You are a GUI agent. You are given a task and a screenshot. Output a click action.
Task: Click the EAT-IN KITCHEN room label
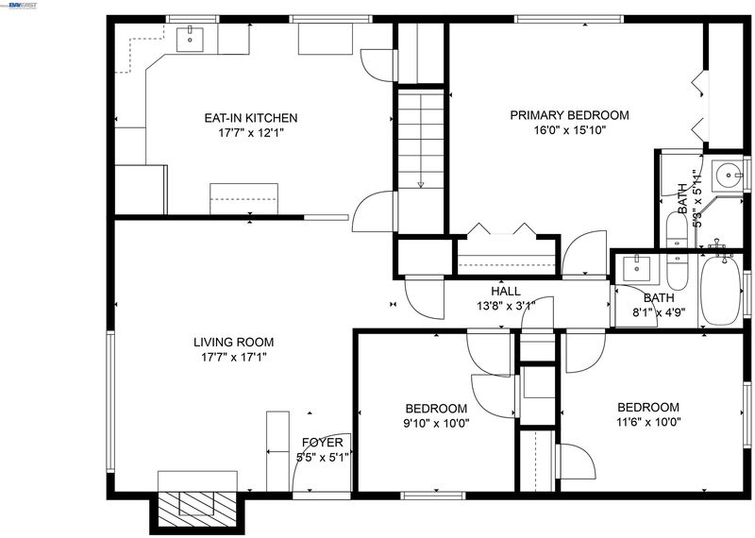point(251,118)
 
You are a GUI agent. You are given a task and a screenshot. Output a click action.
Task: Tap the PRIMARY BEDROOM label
point(570,115)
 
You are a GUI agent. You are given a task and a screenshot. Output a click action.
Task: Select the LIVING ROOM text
point(233,343)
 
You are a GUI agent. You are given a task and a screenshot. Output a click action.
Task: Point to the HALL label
point(506,292)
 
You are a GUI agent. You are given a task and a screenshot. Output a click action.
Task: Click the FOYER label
point(323,443)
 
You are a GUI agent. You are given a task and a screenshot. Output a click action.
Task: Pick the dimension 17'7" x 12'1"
point(251,133)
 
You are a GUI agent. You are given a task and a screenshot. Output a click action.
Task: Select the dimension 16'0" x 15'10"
point(570,130)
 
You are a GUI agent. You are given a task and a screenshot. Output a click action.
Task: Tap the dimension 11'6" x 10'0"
point(648,423)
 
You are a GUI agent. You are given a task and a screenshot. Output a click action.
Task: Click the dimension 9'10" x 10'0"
point(436,424)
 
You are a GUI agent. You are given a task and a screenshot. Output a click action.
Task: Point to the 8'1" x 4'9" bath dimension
point(658,311)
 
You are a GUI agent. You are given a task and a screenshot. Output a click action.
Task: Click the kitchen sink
point(190,40)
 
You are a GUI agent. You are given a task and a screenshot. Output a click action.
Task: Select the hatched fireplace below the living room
point(198,510)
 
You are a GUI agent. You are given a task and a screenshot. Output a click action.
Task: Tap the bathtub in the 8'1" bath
point(721,291)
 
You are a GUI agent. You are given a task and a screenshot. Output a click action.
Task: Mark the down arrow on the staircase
point(420,184)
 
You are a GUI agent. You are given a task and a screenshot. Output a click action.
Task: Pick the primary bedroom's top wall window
point(569,19)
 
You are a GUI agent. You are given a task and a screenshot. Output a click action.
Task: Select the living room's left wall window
point(110,401)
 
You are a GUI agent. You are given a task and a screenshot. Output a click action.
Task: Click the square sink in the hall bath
point(636,268)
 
